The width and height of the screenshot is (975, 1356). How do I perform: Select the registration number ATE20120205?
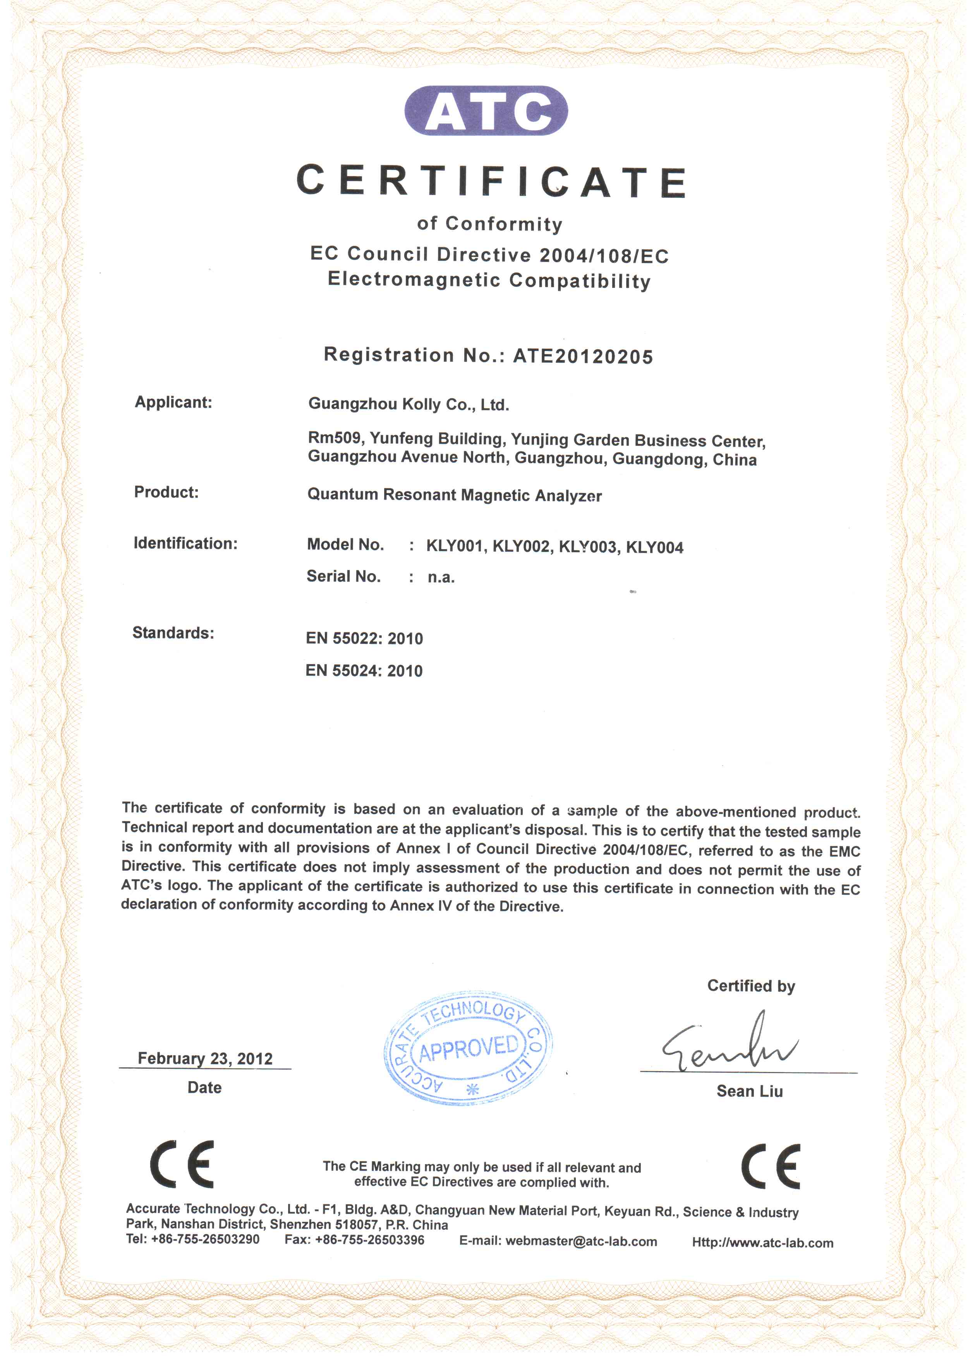point(583,356)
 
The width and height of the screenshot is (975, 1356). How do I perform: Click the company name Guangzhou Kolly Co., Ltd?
point(409,405)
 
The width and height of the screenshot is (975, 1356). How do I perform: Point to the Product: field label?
point(166,492)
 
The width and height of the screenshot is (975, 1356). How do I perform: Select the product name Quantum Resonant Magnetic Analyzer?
point(455,495)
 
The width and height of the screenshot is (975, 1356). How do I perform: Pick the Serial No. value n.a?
point(441,577)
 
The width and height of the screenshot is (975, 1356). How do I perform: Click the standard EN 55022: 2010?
point(364,639)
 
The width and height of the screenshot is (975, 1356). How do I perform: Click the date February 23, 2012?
point(205,1059)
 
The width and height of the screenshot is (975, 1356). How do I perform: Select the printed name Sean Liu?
point(750,1091)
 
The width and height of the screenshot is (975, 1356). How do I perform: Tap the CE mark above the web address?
point(771,1166)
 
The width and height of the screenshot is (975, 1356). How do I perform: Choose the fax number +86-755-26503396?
point(370,1240)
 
